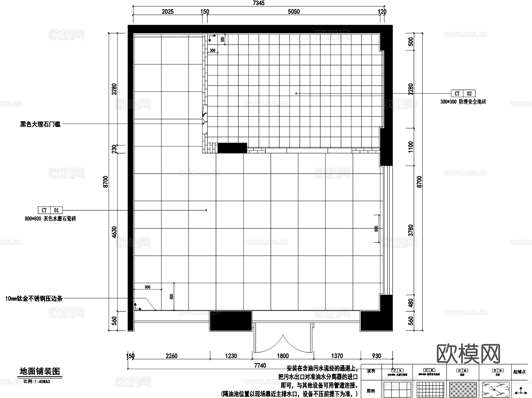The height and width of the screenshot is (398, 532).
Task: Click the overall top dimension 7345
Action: coord(259,3)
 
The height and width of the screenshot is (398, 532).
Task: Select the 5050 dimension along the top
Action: coord(293,12)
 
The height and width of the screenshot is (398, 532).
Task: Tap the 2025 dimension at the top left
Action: coord(168,12)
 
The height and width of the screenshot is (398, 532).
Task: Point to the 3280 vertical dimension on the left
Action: coord(114,89)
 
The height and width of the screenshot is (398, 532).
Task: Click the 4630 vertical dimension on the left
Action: coord(114,232)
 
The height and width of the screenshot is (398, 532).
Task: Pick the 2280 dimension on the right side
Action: coord(411,89)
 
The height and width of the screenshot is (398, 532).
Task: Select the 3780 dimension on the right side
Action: coord(411,230)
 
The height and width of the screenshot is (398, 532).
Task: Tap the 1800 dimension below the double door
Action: coord(283,356)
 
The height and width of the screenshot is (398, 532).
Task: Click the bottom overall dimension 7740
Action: coord(260,365)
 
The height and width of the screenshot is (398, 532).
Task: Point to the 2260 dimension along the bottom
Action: coord(171,356)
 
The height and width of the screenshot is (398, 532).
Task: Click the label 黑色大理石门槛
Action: coord(40,124)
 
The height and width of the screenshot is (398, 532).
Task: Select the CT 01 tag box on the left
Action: coord(50,210)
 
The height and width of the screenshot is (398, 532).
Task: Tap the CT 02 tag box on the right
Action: coord(463,94)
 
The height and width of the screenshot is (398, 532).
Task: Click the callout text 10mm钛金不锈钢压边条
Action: coord(34,299)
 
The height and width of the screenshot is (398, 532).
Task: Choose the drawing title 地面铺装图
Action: coord(40,371)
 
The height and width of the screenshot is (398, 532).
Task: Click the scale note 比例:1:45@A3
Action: coord(37,381)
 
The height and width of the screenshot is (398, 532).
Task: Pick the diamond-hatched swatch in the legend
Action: coord(463,390)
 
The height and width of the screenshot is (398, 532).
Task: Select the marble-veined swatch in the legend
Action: coord(496,390)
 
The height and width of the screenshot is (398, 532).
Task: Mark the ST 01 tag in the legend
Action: coord(498,371)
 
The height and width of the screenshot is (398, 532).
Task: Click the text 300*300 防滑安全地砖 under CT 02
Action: coord(463,102)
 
